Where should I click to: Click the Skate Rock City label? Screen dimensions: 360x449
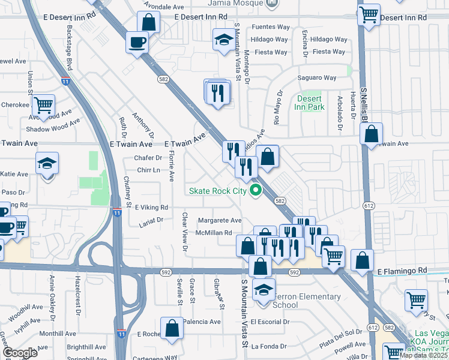217,191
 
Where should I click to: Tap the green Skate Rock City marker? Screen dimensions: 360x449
256,191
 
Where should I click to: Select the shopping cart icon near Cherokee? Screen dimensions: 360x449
44,106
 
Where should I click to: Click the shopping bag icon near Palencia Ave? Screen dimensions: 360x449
172,328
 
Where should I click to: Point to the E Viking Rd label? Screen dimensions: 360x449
151,207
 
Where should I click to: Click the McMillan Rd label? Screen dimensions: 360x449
214,233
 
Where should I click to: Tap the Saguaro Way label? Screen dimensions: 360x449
318,78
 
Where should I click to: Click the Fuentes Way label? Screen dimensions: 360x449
271,27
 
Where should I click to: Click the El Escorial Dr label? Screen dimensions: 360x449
270,322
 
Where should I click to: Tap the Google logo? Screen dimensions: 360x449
20,353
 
